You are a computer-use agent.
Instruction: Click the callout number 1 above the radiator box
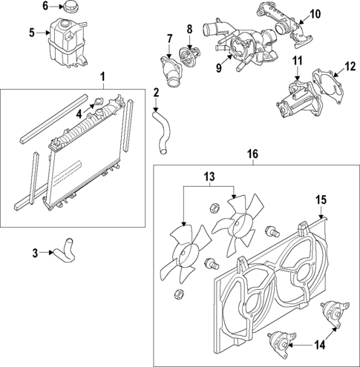click(102, 76)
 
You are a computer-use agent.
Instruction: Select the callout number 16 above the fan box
click(252, 153)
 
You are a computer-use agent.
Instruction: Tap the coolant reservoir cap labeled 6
click(71, 7)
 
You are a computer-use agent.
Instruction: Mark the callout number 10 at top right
click(315, 13)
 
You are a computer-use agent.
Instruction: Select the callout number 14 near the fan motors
click(321, 345)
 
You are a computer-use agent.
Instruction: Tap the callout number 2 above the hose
click(156, 93)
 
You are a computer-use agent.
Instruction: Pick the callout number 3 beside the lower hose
click(36, 253)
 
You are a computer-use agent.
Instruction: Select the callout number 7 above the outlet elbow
click(169, 39)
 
